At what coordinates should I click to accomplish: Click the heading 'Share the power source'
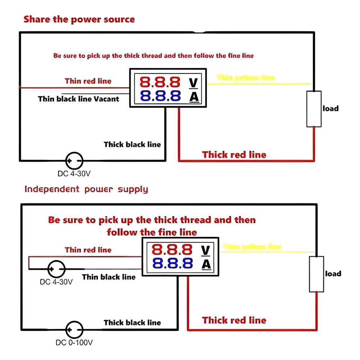(79, 19)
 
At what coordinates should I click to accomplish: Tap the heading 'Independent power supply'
(86, 189)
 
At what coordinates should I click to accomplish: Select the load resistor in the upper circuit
(314, 109)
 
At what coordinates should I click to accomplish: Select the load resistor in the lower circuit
(316, 274)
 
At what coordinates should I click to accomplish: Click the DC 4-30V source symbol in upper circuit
(74, 161)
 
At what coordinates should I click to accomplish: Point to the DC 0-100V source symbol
(75, 329)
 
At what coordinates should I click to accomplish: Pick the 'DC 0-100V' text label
(75, 343)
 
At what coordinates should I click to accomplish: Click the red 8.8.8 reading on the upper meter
(160, 82)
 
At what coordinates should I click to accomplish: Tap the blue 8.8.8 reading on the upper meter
(160, 96)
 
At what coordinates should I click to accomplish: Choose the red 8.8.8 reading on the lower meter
(172, 249)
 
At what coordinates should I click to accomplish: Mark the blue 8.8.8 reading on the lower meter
(172, 264)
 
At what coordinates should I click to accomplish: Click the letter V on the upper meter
(194, 82)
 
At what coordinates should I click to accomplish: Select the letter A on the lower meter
(206, 264)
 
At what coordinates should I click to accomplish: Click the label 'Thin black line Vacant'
(78, 99)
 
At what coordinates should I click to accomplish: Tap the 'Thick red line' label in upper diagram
(234, 155)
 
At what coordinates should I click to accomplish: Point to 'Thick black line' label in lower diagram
(132, 323)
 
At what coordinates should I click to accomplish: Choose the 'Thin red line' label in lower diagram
(88, 249)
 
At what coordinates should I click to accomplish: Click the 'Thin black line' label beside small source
(109, 277)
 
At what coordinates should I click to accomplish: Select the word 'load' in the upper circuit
(330, 108)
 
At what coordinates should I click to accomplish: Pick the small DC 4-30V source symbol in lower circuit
(57, 269)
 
